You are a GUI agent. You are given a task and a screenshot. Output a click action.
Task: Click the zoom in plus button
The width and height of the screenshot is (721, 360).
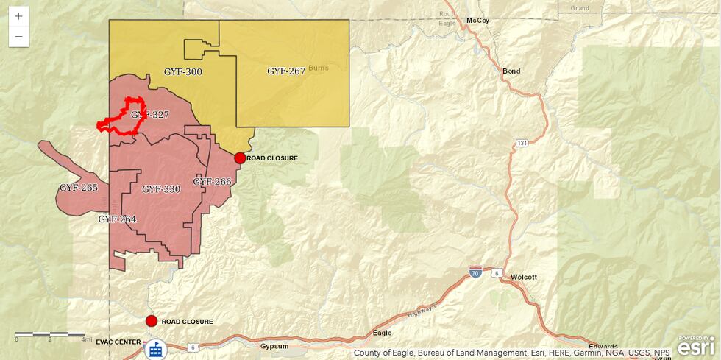click(x=18, y=16)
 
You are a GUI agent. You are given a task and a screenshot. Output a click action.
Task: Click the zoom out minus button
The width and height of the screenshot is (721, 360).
click(x=18, y=36)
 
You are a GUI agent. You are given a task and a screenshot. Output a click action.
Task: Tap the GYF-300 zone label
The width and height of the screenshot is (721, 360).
click(x=182, y=72)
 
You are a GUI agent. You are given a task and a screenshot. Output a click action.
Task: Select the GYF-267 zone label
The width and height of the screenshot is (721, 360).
click(x=286, y=71)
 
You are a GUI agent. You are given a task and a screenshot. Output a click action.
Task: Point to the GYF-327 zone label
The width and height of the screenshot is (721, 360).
click(x=150, y=115)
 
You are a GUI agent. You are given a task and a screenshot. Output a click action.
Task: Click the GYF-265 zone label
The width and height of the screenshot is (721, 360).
click(x=79, y=188)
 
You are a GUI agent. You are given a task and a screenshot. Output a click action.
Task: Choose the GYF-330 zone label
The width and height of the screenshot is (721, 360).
click(x=161, y=189)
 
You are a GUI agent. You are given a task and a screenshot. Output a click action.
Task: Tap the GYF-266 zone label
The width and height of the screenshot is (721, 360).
click(x=213, y=182)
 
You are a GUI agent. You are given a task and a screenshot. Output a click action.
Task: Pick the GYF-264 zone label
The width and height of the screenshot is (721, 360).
click(x=117, y=219)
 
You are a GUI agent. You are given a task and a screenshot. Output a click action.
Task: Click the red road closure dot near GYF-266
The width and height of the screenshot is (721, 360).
click(x=240, y=158)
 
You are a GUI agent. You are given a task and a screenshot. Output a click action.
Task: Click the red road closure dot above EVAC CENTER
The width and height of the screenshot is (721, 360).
click(x=152, y=321)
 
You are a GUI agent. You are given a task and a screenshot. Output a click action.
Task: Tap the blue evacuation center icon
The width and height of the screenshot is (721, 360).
click(x=155, y=350)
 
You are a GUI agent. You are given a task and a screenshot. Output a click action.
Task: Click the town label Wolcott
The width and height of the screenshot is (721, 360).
click(x=524, y=277)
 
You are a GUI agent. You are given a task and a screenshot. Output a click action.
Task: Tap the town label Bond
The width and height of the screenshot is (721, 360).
click(x=511, y=71)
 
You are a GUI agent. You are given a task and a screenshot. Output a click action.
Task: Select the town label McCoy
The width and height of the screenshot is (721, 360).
click(x=477, y=20)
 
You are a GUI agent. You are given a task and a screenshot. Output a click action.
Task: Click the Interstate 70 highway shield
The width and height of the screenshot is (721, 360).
click(x=476, y=272)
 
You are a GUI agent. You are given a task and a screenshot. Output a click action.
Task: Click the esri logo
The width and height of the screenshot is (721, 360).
click(x=695, y=345)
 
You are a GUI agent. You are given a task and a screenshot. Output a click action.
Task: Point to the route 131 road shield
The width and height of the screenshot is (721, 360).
click(x=522, y=142)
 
